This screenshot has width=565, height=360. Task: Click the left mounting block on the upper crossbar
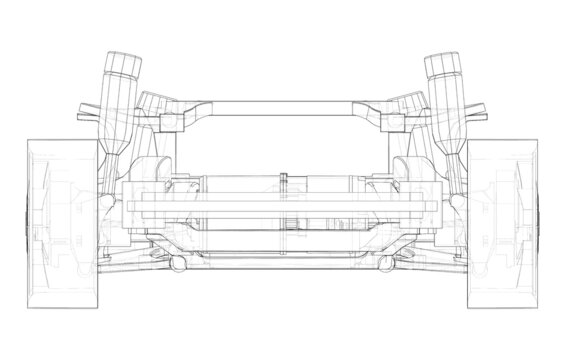pos(169,120)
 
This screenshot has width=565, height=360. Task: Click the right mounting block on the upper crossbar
pos(393,120)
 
